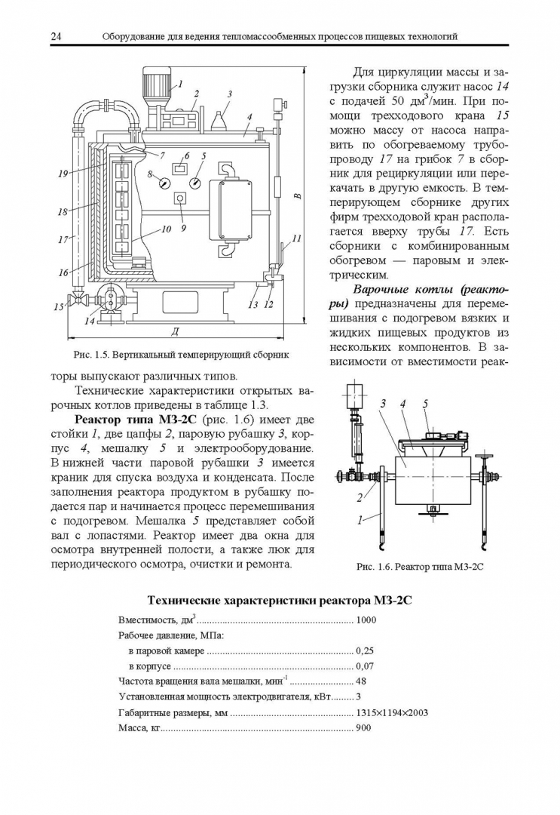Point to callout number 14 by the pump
(x=90, y=321)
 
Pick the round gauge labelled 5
(x=195, y=182)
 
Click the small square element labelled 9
(x=180, y=198)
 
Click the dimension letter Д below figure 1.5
(x=174, y=331)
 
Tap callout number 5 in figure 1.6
(x=425, y=404)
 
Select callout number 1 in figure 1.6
(x=360, y=519)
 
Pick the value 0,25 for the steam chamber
(x=366, y=650)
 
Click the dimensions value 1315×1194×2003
(x=391, y=712)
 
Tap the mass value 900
(x=363, y=728)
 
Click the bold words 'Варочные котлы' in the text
(x=397, y=291)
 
